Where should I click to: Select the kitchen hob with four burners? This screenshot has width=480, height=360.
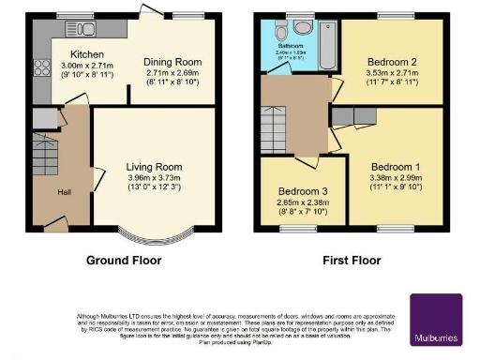42,67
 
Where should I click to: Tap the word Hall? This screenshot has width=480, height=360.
64,192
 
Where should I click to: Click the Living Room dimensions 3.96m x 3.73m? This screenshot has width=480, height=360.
155,178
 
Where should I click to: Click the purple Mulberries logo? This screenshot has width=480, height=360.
436,320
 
